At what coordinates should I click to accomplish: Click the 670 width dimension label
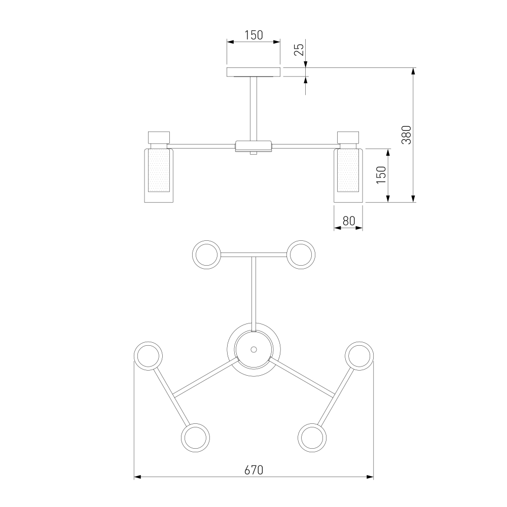click(x=253, y=470)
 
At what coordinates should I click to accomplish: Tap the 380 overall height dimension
click(x=406, y=135)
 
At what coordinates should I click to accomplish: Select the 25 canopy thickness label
click(x=300, y=50)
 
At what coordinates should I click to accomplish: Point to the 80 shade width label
click(x=349, y=221)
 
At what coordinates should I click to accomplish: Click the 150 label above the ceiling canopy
click(x=253, y=35)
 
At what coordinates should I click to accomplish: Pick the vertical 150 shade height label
click(x=382, y=175)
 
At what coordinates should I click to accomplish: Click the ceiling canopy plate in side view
click(x=253, y=72)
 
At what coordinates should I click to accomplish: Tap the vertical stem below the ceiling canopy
click(x=253, y=109)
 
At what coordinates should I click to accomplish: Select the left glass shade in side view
click(x=158, y=175)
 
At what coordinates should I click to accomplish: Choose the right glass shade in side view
click(x=348, y=175)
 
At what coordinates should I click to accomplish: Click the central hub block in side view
click(x=253, y=146)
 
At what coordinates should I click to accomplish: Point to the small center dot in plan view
click(x=253, y=349)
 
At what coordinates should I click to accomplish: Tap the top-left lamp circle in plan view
click(x=207, y=255)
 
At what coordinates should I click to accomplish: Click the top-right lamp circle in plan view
click(x=301, y=255)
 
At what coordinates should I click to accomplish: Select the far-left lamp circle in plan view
click(x=148, y=356)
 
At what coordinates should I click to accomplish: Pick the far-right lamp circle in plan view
click(x=359, y=356)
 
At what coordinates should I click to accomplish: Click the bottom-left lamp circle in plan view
click(x=195, y=438)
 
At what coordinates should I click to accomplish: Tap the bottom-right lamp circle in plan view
click(x=312, y=438)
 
